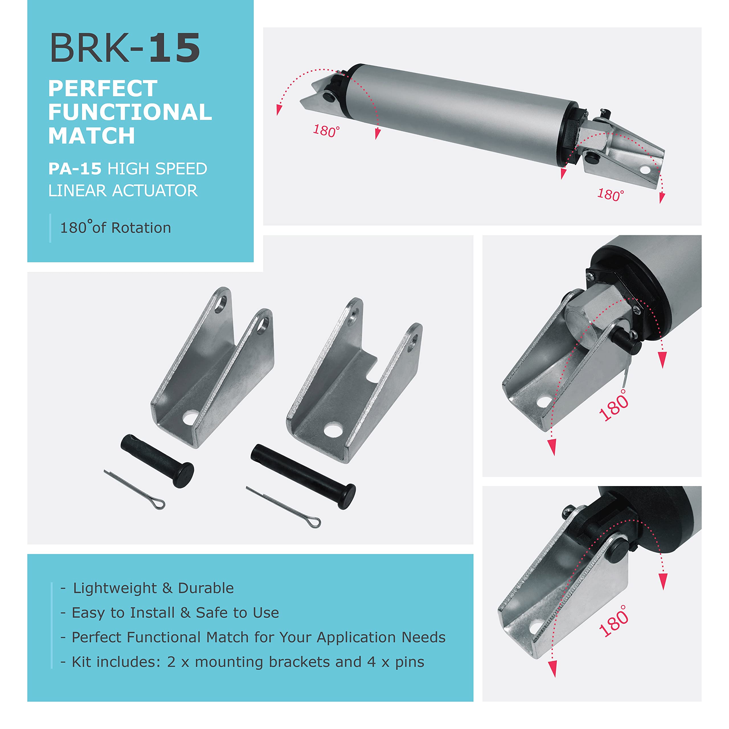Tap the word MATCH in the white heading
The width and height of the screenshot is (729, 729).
coord(91,136)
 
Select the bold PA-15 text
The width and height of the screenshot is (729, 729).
coord(75,169)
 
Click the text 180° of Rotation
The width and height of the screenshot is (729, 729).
coord(115,228)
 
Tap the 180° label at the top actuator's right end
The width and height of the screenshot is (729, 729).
coord(611,195)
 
